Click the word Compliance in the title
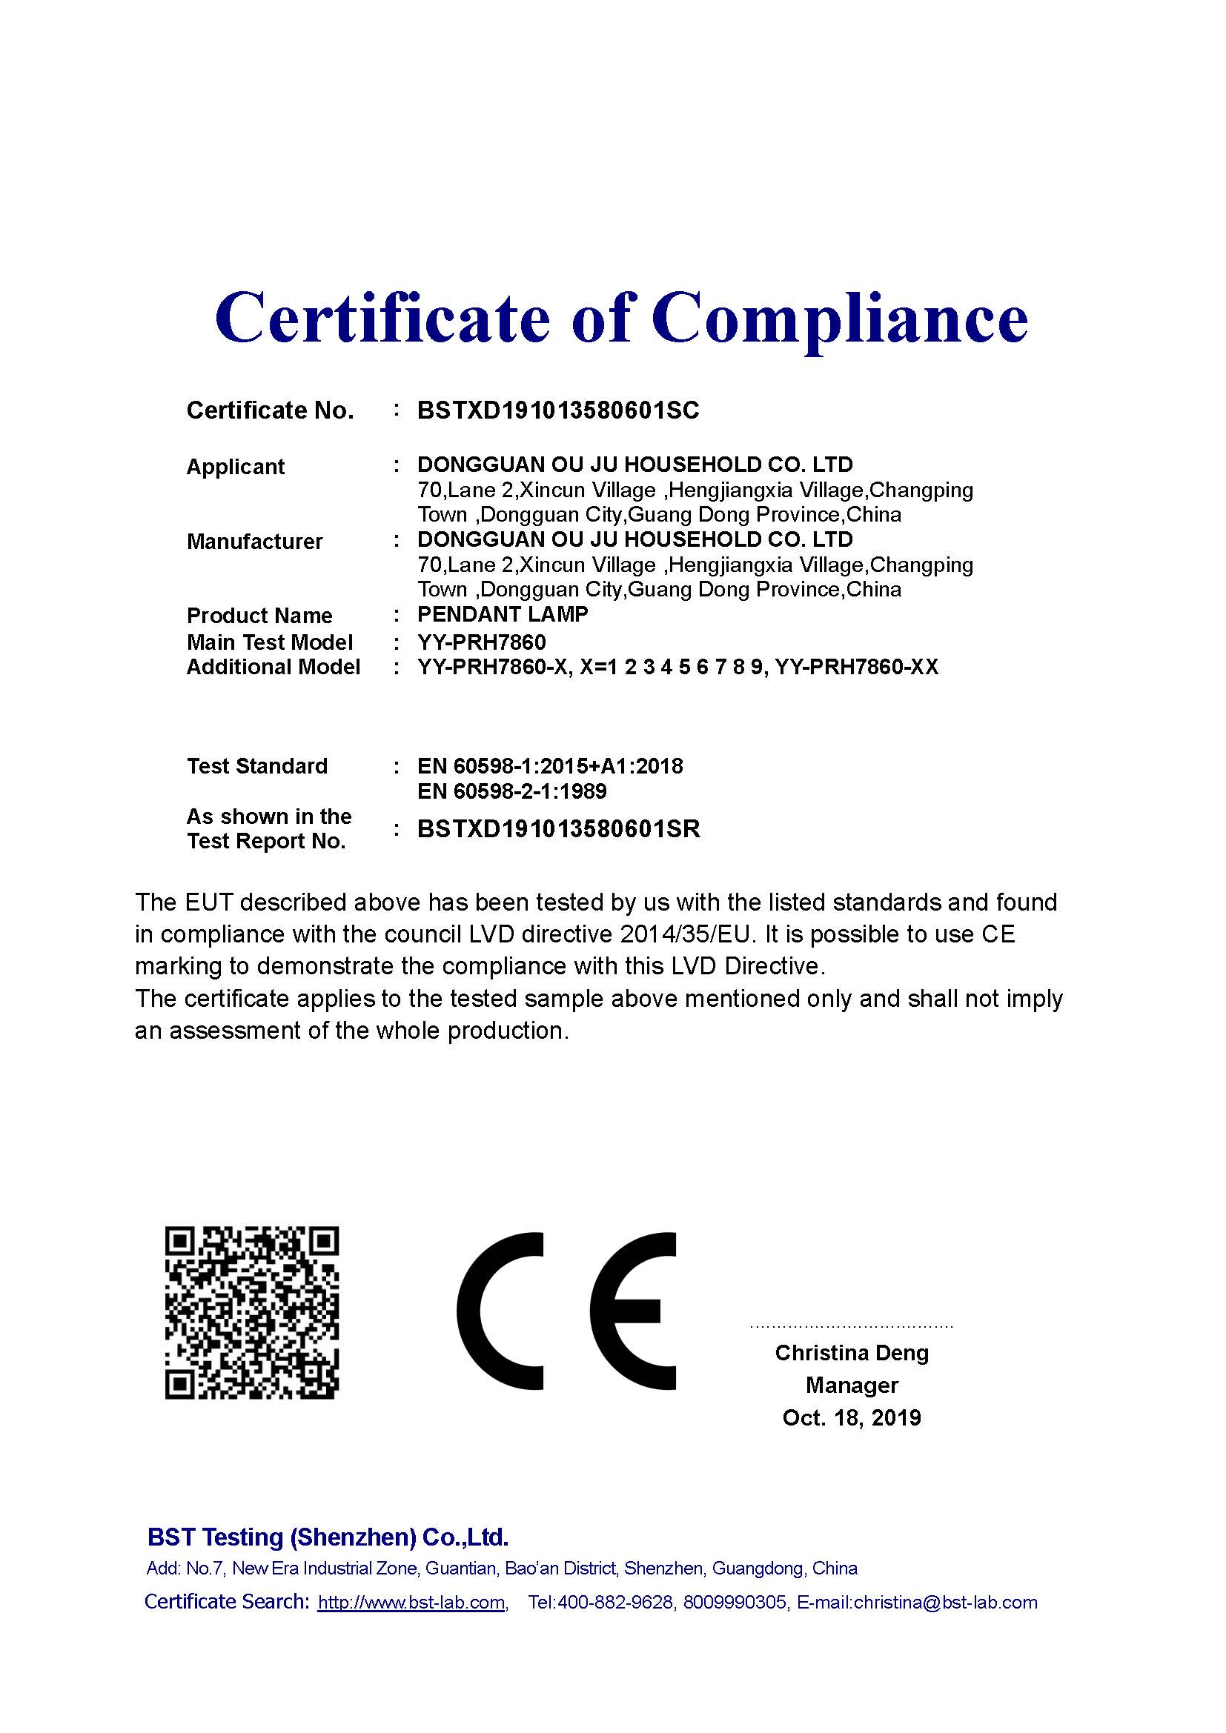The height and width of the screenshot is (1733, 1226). click(840, 318)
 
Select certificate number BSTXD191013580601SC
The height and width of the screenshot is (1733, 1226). click(558, 410)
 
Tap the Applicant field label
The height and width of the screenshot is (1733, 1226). click(236, 467)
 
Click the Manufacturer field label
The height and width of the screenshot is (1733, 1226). click(254, 541)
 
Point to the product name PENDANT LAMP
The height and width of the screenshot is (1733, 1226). click(503, 614)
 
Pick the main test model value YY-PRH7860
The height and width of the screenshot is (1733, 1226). click(482, 642)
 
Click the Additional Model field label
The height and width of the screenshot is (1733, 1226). click(274, 668)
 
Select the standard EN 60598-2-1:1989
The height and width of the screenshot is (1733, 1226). click(512, 791)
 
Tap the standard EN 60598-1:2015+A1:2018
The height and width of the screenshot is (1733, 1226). click(549, 766)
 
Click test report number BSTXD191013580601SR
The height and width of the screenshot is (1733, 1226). click(559, 829)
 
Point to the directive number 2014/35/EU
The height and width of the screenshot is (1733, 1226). click(688, 934)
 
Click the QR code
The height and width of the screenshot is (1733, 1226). click(252, 1313)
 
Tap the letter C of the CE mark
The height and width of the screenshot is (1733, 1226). click(501, 1311)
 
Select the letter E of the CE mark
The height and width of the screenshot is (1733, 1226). click(632, 1311)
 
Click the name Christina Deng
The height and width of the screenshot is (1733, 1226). click(852, 1353)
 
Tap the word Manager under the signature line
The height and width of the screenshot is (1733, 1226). click(852, 1385)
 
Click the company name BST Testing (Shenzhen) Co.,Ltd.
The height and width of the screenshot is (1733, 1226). click(328, 1537)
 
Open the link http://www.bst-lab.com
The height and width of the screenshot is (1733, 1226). click(411, 1603)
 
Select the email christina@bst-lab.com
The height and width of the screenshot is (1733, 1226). click(945, 1603)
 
